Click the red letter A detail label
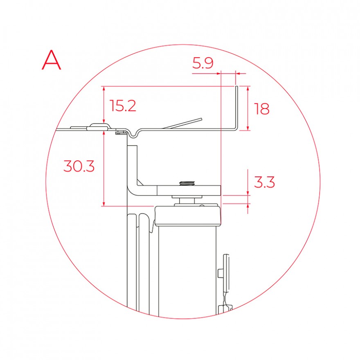click(x=52, y=60)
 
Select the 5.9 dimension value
click(x=203, y=63)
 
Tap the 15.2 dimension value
click(x=123, y=106)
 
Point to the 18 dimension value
click(x=261, y=109)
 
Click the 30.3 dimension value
click(x=79, y=166)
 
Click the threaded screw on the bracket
click(x=187, y=183)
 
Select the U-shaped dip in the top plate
click(x=133, y=135)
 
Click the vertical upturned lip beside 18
click(x=237, y=107)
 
